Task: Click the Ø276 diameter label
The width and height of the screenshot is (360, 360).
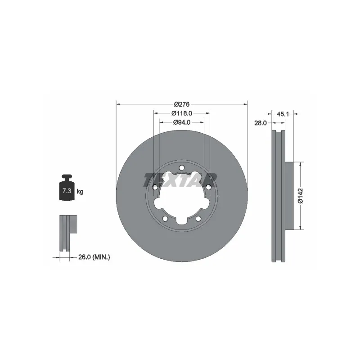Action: [x=182, y=104]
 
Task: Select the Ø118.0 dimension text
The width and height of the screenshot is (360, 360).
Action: [x=182, y=113]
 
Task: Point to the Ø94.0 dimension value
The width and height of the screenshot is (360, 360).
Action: [x=182, y=122]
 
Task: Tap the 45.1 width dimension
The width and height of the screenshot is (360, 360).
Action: [x=283, y=114]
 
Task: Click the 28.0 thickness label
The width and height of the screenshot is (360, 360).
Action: [x=261, y=123]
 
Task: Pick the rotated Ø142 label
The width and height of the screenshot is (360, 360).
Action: [x=301, y=196]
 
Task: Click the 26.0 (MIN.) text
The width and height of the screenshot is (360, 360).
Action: [x=94, y=257]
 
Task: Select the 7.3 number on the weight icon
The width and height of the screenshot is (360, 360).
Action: [x=67, y=190]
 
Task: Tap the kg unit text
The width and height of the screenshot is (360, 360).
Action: [x=80, y=191]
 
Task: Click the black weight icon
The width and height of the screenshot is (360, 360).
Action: [x=67, y=188]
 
